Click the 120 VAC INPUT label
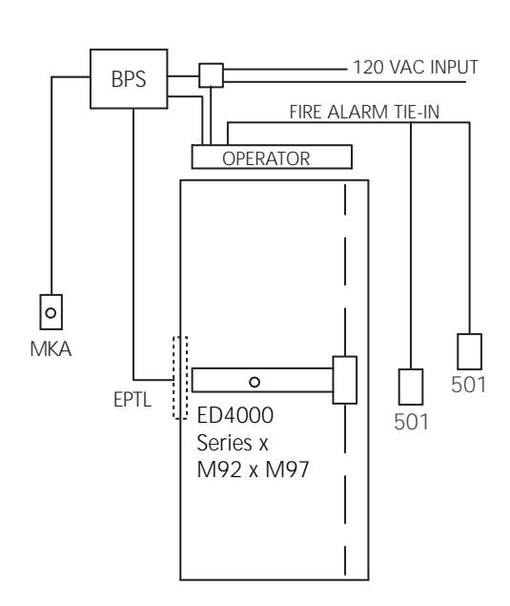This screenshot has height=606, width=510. pos(416,67)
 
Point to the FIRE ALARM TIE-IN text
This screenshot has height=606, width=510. pos(364,112)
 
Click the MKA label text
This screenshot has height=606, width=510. pos(51,349)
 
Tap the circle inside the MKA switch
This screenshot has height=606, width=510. pos(51,313)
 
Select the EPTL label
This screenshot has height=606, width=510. pos(133,400)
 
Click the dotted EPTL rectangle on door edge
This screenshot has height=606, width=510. pos(173,377)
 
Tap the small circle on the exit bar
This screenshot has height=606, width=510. pos(255,383)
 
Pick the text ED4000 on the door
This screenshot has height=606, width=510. pos(235,415)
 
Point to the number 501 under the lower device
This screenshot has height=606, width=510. pos(411,422)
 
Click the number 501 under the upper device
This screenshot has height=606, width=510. pos(468,385)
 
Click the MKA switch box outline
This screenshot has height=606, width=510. pos(40,312)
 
